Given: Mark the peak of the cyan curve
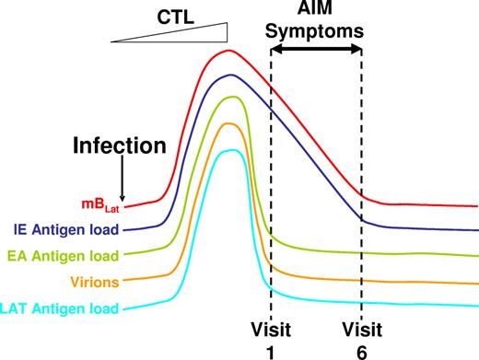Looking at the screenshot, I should click(x=228, y=151).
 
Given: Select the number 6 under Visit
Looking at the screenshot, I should click(x=361, y=350).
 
